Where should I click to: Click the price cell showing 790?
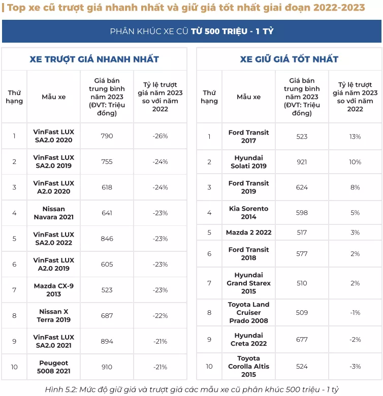click(107, 136)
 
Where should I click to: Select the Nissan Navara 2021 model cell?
click(53, 213)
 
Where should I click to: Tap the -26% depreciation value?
click(160, 136)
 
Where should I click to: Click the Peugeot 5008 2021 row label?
click(53, 367)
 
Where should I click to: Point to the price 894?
click(107, 341)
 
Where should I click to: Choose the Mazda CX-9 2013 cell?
click(53, 290)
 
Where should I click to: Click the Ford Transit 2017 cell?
click(248, 137)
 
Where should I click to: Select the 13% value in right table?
click(355, 137)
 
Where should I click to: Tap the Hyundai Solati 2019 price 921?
click(302, 162)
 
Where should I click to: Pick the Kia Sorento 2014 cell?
click(248, 213)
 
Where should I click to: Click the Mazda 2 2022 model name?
click(248, 233)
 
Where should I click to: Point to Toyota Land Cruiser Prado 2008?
click(248, 313)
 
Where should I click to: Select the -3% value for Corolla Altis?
click(355, 367)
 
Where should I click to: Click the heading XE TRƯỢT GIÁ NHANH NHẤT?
click(94, 59)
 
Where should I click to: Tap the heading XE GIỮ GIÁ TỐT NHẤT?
click(289, 59)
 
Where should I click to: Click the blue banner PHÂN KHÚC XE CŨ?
click(191, 31)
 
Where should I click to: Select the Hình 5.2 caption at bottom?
click(191, 389)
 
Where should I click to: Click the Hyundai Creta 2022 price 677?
click(302, 340)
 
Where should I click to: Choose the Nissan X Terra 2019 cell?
click(53, 316)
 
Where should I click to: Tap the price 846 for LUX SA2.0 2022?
click(107, 239)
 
